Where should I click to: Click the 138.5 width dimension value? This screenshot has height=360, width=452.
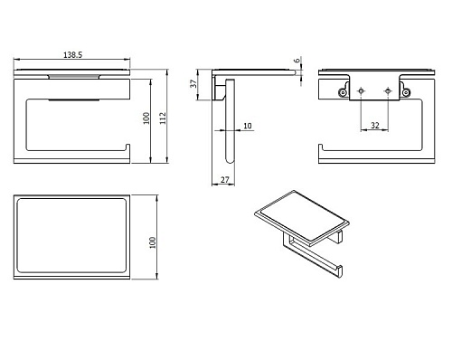[72, 55]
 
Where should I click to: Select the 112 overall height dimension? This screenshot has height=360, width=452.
[163, 118]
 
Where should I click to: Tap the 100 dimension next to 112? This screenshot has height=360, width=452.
[146, 118]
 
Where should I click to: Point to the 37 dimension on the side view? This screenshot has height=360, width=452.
[193, 83]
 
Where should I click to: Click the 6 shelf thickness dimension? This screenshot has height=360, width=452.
[297, 61]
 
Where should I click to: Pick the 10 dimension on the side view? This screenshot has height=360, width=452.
[248, 126]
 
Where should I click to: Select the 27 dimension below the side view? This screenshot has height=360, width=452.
[225, 180]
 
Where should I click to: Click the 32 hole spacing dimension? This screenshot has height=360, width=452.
[375, 125]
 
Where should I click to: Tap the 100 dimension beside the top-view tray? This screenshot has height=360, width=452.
[153, 242]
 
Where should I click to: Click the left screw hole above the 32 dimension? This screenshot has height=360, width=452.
[361, 90]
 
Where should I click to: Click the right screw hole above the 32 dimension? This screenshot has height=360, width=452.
[388, 90]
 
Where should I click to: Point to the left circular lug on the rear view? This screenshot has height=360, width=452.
[343, 92]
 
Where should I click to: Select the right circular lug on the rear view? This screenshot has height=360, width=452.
[406, 92]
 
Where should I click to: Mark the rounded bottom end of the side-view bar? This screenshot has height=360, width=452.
[230, 161]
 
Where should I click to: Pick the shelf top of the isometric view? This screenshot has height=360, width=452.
[302, 215]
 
